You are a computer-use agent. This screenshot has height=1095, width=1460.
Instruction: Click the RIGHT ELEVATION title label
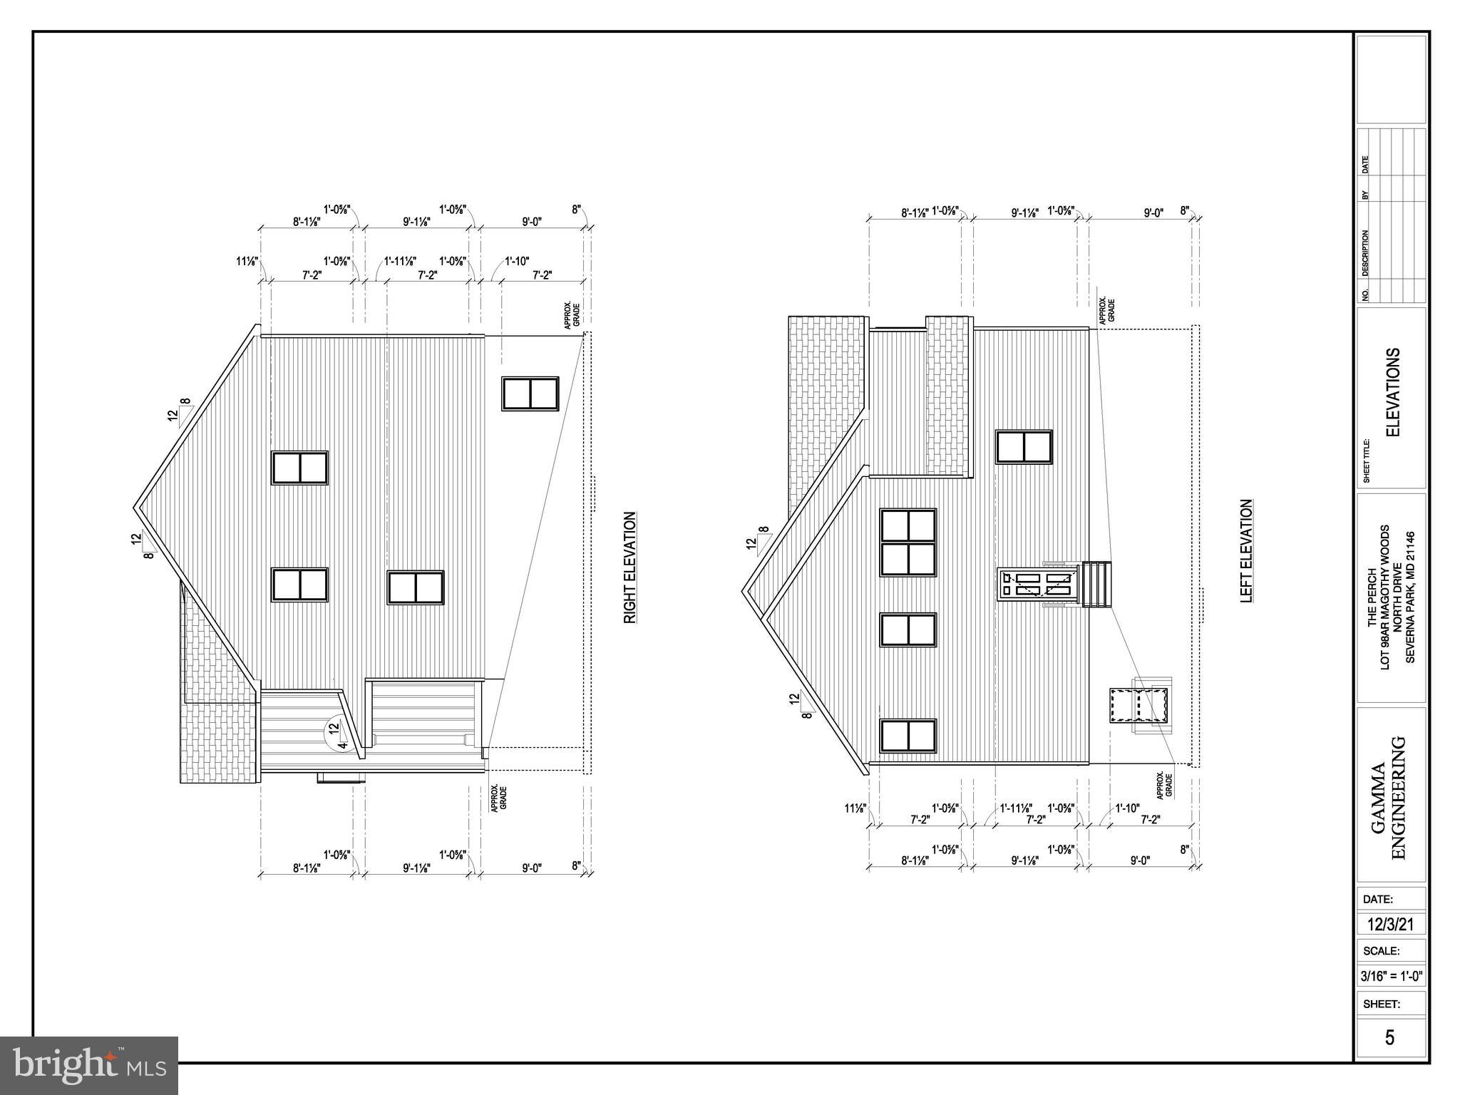(630, 567)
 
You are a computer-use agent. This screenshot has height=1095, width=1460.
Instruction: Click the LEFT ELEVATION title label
(1246, 551)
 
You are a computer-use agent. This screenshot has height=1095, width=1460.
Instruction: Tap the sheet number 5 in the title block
(1389, 1037)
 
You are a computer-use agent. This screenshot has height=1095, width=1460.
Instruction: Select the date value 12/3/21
(1390, 925)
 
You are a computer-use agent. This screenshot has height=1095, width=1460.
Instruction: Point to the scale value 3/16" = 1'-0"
(1390, 976)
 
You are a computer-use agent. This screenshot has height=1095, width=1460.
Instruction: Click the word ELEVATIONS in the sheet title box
(1393, 392)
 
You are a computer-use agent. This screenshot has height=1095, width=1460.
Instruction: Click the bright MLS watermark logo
(89, 1065)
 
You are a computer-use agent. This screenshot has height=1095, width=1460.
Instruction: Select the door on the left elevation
(1038, 585)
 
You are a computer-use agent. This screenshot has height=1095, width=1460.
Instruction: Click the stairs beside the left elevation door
(1097, 584)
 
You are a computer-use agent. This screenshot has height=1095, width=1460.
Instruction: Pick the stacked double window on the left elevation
(908, 543)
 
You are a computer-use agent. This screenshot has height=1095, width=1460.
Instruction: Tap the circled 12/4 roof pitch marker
(336, 734)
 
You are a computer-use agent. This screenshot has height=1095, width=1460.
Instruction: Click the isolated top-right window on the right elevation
(530, 394)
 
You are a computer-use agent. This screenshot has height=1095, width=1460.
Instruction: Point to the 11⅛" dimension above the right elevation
(247, 262)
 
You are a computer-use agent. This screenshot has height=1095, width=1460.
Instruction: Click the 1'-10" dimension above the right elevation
(517, 262)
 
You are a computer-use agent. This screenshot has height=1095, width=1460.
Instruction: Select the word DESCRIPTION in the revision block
(1365, 253)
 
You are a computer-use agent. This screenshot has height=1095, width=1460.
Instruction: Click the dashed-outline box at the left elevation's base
(1139, 705)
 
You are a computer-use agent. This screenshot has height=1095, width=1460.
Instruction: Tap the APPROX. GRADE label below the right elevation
(498, 799)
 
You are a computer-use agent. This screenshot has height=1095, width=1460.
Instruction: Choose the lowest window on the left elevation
(908, 735)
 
